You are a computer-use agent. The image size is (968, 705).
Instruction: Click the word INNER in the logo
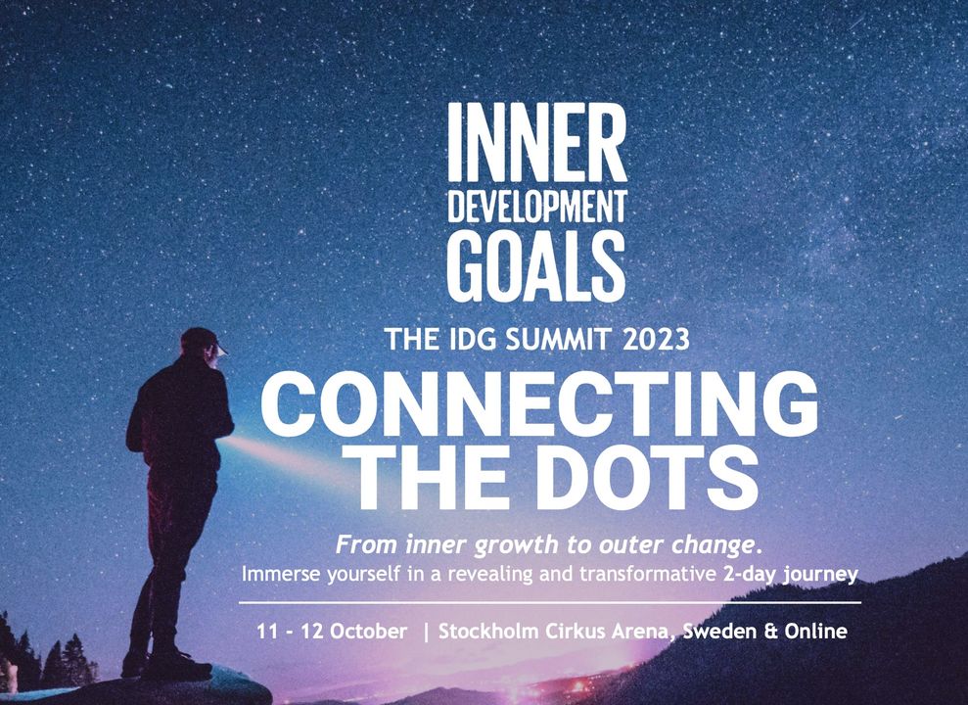(537, 142)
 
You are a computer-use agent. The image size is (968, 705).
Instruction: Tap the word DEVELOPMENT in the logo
(537, 207)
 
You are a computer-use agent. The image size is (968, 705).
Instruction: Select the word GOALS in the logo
(536, 266)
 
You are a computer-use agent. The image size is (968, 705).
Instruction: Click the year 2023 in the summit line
(656, 339)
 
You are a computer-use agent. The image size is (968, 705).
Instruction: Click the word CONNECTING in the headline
(539, 405)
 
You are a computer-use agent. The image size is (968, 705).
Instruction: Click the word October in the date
(369, 632)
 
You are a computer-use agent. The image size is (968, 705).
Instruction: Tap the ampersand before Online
(770, 632)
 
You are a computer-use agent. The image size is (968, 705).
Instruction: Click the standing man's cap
(203, 340)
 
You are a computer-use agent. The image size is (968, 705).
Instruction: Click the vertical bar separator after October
(426, 633)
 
